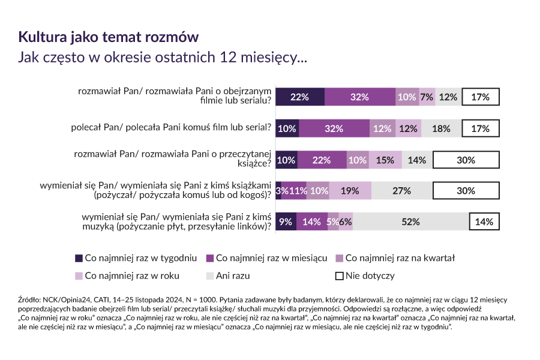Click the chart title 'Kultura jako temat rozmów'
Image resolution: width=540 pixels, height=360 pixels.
[x=109, y=37]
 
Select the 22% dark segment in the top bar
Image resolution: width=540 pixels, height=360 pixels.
[x=299, y=97]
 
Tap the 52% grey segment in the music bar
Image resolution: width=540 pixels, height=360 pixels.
[x=410, y=221]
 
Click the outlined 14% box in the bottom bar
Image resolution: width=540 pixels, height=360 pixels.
[x=484, y=221]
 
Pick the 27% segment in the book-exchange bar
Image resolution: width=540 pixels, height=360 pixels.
[x=401, y=191]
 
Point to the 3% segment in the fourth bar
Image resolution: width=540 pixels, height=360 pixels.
[x=278, y=191]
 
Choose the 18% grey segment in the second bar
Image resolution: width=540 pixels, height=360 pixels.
[x=441, y=128]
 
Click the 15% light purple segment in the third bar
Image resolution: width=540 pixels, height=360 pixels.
[x=385, y=160]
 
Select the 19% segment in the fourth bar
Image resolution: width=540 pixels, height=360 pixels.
[x=350, y=191]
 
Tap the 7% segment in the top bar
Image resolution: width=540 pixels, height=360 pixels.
[x=427, y=97]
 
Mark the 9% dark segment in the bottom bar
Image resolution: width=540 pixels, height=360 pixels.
[x=286, y=221]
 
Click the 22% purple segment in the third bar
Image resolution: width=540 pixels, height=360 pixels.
[x=322, y=160]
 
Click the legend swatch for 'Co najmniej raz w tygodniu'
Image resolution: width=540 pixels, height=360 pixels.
[x=79, y=258]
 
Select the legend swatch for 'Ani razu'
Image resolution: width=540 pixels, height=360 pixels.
[x=210, y=276]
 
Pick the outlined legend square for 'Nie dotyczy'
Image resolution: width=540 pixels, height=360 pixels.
[x=339, y=276]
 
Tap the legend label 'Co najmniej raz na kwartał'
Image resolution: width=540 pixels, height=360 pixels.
[x=400, y=258]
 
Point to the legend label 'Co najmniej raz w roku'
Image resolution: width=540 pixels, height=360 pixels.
[x=133, y=276]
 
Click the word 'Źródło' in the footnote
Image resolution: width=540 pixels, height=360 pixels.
[x=30, y=299]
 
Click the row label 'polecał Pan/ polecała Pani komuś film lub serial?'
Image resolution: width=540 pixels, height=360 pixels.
[x=171, y=128]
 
